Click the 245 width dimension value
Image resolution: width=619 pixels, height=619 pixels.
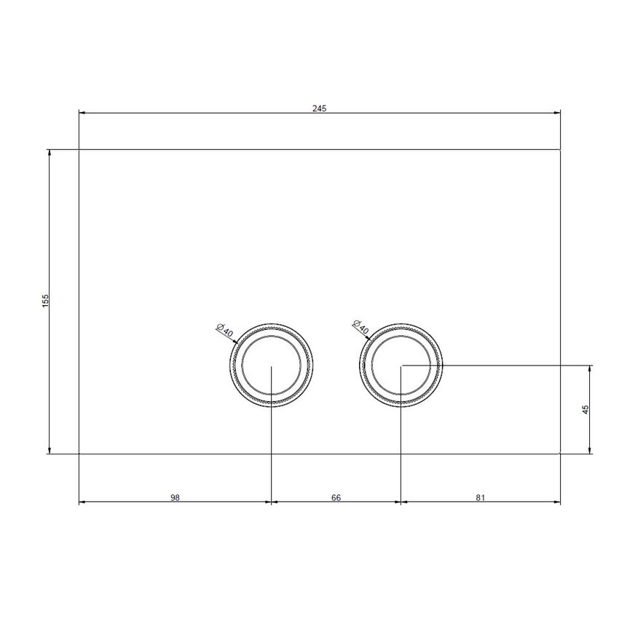[320, 108]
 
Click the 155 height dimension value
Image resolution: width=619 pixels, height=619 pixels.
[45, 301]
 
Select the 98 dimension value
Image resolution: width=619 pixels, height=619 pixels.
[175, 498]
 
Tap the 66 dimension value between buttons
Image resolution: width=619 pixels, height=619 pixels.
[336, 498]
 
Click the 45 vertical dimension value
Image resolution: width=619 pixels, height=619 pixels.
[586, 409]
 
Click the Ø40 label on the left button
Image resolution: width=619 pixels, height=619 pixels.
[224, 330]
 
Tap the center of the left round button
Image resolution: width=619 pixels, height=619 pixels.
[271, 365]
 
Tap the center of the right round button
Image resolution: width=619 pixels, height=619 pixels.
[401, 365]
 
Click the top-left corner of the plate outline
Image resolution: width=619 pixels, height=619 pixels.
[79, 149]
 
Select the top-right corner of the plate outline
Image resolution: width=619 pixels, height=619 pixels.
[560, 149]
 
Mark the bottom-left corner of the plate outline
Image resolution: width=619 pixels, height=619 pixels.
[79, 453]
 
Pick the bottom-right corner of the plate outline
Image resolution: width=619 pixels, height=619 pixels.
[560, 453]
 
